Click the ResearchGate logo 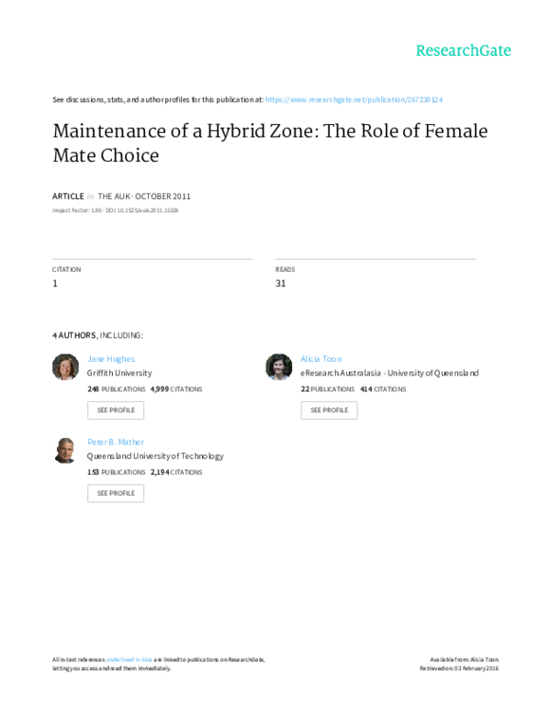463,51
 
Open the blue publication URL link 354,99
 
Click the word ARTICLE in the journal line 68,197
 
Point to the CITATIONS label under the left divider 66,270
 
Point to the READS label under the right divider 285,270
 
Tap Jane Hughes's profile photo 65,366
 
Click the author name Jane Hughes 111,359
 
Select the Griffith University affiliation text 119,374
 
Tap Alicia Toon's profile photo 278,366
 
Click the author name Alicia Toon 320,359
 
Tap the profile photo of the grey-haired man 65,449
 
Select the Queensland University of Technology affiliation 155,456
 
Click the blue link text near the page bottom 129,658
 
